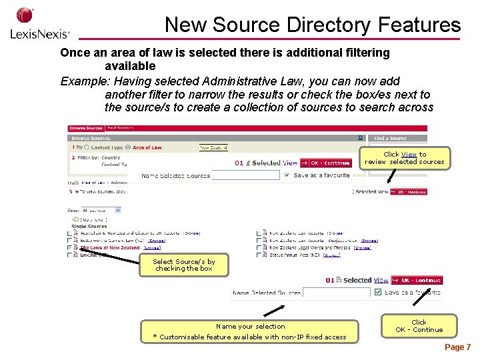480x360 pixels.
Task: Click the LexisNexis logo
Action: point(39,25)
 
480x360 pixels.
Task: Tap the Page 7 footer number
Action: point(457,347)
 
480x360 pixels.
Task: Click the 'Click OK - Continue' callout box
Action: point(419,325)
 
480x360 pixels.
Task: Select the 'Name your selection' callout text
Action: point(250,327)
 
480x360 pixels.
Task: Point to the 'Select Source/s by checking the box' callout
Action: point(183,265)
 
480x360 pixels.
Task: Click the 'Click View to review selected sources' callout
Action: point(405,158)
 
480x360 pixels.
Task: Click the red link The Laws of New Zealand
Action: point(110,247)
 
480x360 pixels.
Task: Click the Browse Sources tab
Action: point(86,128)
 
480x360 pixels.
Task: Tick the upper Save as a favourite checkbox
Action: point(287,175)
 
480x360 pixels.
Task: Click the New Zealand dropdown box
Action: point(215,147)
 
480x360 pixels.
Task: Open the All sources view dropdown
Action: point(101,210)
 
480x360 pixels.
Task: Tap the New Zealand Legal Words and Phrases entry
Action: point(309,247)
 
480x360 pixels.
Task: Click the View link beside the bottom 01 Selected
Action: point(381,281)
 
